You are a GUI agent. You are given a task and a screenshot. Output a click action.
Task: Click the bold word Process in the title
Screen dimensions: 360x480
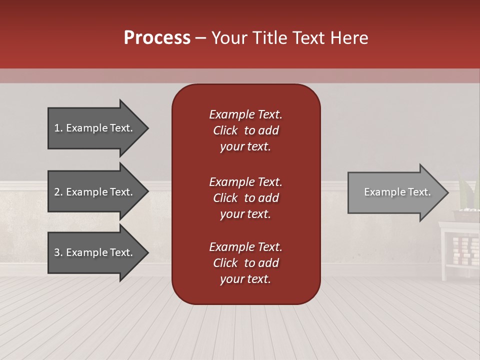[157, 38]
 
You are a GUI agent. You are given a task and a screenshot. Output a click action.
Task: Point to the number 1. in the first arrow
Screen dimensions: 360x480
[58, 128]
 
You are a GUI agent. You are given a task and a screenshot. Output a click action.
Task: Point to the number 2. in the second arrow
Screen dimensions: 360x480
[58, 192]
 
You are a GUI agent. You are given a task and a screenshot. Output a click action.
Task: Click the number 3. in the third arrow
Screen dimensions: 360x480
[58, 252]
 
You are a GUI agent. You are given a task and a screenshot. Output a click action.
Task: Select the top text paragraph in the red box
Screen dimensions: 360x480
[245, 130]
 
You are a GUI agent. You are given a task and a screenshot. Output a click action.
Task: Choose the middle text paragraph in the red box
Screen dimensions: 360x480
[245, 198]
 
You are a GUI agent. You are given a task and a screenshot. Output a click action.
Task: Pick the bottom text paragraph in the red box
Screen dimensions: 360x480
[245, 263]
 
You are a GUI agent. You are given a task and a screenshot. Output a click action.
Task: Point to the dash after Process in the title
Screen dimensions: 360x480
[201, 38]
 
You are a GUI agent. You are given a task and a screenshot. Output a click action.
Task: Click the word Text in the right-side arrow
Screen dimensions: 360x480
[419, 192]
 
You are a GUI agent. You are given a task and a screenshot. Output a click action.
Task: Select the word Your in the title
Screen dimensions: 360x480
[228, 38]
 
